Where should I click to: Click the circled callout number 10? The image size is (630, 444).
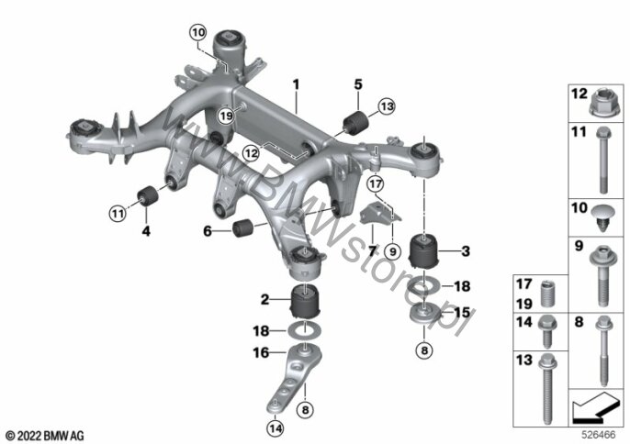[x=198, y=33]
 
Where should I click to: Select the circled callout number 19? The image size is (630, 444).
[x=226, y=116]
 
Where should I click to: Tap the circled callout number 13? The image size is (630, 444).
[x=387, y=106]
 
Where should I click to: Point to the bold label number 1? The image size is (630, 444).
[x=296, y=85]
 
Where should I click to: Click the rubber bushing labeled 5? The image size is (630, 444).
[x=356, y=122]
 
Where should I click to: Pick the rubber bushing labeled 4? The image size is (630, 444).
[x=148, y=195]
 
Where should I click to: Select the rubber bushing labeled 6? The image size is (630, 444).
[x=242, y=228]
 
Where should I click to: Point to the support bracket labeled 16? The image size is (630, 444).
[x=295, y=377]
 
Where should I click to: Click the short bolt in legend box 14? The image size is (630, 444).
[x=546, y=331]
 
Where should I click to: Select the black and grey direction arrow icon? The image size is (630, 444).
[x=596, y=408]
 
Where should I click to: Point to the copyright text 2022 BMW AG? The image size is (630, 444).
[x=46, y=436]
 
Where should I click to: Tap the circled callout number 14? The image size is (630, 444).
[x=276, y=428]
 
